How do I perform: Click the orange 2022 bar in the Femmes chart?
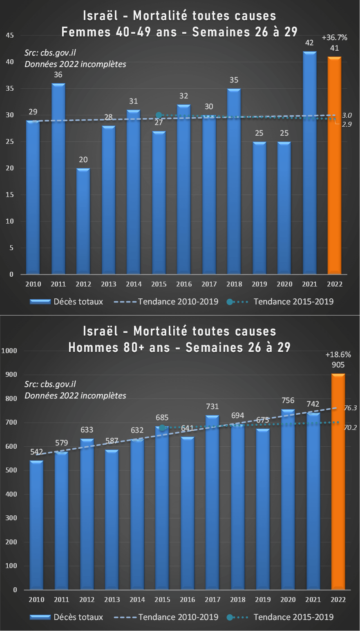(x=334, y=165)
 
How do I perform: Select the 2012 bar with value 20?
(x=83, y=221)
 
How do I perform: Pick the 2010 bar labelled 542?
(x=36, y=525)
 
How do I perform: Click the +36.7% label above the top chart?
(x=334, y=38)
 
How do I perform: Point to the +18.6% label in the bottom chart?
(x=338, y=354)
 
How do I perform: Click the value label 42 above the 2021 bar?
(x=309, y=43)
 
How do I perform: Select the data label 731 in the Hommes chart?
(x=212, y=406)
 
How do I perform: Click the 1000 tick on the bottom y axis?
(x=9, y=351)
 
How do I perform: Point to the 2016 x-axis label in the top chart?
(x=184, y=284)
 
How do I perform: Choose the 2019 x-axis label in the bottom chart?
(x=263, y=600)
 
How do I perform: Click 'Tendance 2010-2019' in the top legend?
(x=178, y=302)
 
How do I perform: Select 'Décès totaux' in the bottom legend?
(x=78, y=617)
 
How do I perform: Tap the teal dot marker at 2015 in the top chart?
(x=159, y=115)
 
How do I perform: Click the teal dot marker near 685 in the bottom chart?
(x=162, y=427)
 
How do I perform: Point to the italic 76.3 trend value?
(x=350, y=408)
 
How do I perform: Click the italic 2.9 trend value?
(x=347, y=124)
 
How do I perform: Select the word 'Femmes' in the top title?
(x=86, y=31)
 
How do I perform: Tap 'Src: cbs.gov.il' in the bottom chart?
(x=50, y=384)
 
